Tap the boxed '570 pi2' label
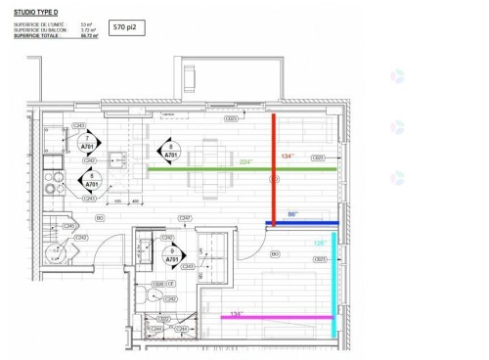pyautogui.click(x=126, y=28)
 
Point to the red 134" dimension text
pyautogui.click(x=287, y=157)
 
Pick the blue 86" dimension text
pyautogui.click(x=291, y=214)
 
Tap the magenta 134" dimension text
pyautogui.click(x=236, y=313)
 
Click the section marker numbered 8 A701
pyautogui.click(x=169, y=150)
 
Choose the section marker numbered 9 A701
pyautogui.click(x=172, y=258)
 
